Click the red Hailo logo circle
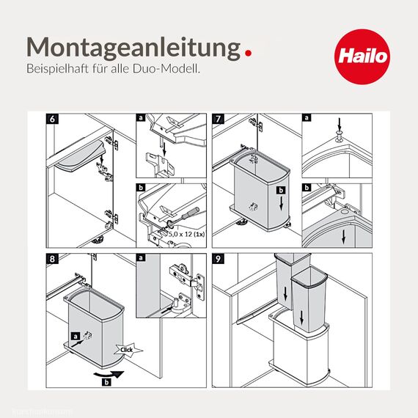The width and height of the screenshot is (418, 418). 360,56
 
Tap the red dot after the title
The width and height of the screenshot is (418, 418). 249,52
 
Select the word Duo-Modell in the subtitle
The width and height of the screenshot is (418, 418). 174,68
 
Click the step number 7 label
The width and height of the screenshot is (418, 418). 219,118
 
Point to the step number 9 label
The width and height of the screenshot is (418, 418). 219,259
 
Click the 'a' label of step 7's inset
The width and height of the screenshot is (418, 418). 307,118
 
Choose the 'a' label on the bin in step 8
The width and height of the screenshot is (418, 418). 74,337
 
